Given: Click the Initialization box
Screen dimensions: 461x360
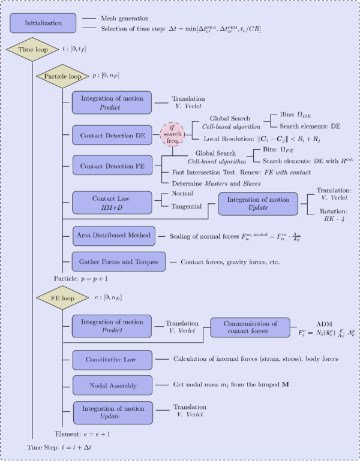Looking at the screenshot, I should click(43, 23).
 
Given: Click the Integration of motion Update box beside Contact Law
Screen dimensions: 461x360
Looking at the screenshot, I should click(257, 204).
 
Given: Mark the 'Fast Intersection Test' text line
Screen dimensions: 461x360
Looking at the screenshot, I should click(236, 172).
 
